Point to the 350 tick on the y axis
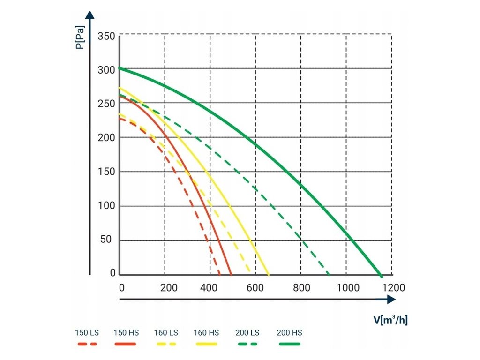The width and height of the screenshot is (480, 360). [106, 36]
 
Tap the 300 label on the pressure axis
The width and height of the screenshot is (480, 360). [106, 70]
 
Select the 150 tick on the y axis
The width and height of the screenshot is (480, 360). [106, 172]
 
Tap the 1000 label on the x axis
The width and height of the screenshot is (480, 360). [347, 287]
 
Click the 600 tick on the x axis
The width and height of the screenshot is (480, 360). [256, 287]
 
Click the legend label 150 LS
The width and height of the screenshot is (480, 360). [87, 333]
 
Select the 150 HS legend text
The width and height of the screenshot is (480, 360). [127, 333]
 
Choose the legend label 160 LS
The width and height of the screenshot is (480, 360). [166, 333]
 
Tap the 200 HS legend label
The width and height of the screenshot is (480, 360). [290, 333]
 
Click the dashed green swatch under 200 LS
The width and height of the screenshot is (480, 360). [247, 344]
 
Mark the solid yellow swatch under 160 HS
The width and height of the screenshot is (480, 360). [206, 344]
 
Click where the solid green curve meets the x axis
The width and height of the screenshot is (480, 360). [381, 275]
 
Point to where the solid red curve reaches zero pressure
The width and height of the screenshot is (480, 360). [231, 274]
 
